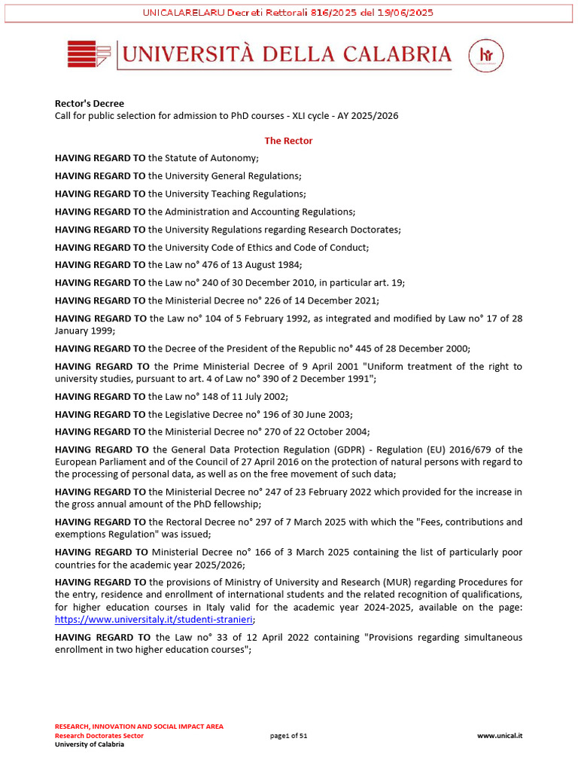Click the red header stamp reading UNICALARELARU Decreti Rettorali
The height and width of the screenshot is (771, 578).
tap(288, 13)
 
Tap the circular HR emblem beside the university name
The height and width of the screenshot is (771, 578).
tap(485, 55)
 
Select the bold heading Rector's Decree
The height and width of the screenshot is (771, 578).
tap(90, 104)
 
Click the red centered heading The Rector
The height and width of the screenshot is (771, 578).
tap(288, 141)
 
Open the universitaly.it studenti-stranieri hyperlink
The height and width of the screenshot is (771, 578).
tap(154, 620)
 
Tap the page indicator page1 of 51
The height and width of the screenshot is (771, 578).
tap(288, 736)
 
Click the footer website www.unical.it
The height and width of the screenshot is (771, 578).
tap(500, 736)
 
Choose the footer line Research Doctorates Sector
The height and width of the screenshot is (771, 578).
tap(99, 736)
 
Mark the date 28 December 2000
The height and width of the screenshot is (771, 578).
tap(427, 348)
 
